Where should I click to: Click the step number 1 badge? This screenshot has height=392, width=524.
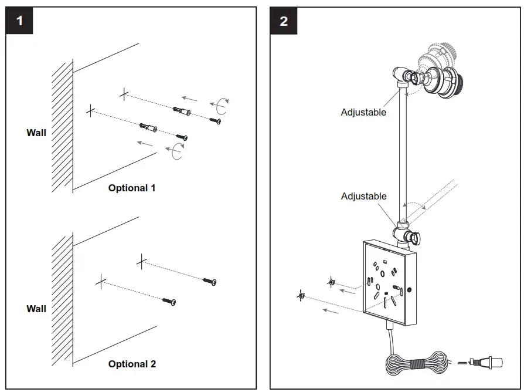pos(19,21)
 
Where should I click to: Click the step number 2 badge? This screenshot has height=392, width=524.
pos(283,21)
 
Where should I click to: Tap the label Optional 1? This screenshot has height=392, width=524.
pos(132,188)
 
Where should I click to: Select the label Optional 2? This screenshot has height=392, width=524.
pos(132,364)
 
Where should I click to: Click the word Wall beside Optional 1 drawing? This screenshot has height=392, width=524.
pos(36,133)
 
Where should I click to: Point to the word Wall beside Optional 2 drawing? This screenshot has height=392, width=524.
pos(36,309)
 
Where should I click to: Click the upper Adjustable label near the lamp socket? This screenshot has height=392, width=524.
pos(363,113)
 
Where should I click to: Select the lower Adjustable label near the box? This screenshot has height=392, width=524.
pos(363,197)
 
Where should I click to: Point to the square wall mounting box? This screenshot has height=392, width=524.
pos(389,283)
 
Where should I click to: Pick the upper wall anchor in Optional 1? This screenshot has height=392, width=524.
pos(182,110)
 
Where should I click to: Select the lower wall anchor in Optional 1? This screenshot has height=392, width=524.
pos(148,127)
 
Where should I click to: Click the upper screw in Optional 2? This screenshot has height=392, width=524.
pos(209,281)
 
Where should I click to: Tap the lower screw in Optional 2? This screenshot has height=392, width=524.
pos(169,301)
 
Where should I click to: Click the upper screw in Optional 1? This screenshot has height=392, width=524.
pos(215,120)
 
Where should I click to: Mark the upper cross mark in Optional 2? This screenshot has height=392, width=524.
pos(142,262)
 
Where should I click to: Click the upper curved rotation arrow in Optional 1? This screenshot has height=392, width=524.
pos(220,106)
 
